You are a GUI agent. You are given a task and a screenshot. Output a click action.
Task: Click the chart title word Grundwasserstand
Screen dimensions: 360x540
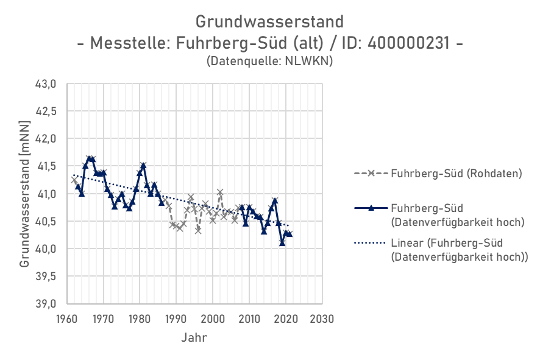(x=269, y=22)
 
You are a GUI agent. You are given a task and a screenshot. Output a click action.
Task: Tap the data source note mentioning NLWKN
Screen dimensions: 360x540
(x=270, y=62)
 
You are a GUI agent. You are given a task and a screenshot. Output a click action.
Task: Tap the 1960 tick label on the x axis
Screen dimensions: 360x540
(x=67, y=319)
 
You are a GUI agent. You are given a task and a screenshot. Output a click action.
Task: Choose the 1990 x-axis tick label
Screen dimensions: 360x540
(x=176, y=319)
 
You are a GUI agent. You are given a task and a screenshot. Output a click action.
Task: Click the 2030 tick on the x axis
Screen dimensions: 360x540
(x=322, y=319)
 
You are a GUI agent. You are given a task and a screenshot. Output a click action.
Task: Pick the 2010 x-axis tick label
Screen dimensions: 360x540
(x=249, y=319)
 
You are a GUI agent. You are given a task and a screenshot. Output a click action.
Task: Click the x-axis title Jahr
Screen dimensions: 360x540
(x=194, y=337)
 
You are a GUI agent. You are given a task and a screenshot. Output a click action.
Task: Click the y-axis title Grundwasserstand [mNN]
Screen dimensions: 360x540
(x=25, y=194)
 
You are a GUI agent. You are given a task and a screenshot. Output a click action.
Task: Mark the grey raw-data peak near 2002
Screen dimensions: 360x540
(x=220, y=192)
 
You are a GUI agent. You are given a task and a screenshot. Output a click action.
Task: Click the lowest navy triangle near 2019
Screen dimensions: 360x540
(x=282, y=243)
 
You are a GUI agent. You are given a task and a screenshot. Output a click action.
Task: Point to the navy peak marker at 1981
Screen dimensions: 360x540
(x=143, y=165)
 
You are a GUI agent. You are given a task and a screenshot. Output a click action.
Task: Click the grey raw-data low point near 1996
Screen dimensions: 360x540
(x=198, y=230)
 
